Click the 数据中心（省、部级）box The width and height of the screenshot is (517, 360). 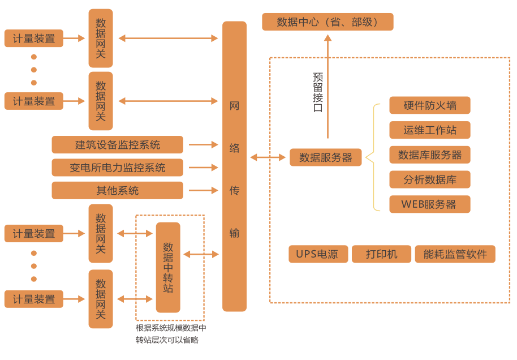pyautogui.click(x=328, y=22)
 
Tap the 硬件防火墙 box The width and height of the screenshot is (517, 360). pyautogui.click(x=429, y=105)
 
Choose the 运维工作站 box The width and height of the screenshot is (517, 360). pyautogui.click(x=429, y=130)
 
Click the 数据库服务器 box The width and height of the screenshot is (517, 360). pyautogui.click(x=429, y=155)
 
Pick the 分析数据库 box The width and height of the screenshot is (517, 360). pyautogui.click(x=429, y=179)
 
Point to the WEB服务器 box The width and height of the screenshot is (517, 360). pyautogui.click(x=429, y=204)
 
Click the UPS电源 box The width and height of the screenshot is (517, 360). pyautogui.click(x=317, y=254)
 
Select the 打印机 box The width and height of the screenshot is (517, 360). pyautogui.click(x=381, y=254)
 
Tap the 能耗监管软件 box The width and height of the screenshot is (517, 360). pyautogui.click(x=455, y=254)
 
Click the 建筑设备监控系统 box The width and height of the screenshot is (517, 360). pyautogui.click(x=117, y=144)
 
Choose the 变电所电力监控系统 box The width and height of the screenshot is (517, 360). pyautogui.click(x=117, y=168)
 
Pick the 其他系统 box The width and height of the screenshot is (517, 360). pyautogui.click(x=117, y=190)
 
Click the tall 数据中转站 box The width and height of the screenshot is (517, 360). pyautogui.click(x=168, y=267)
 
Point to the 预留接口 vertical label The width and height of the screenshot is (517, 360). pyautogui.click(x=317, y=92)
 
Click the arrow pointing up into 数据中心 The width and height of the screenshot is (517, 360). pyautogui.click(x=328, y=85)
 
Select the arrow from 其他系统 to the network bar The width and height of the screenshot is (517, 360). pyautogui.click(x=203, y=190)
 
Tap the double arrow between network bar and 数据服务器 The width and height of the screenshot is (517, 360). pyautogui.click(x=268, y=157)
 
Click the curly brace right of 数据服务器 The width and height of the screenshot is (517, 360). pyautogui.click(x=371, y=157)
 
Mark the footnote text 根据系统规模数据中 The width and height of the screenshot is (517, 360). pyautogui.click(x=171, y=328)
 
